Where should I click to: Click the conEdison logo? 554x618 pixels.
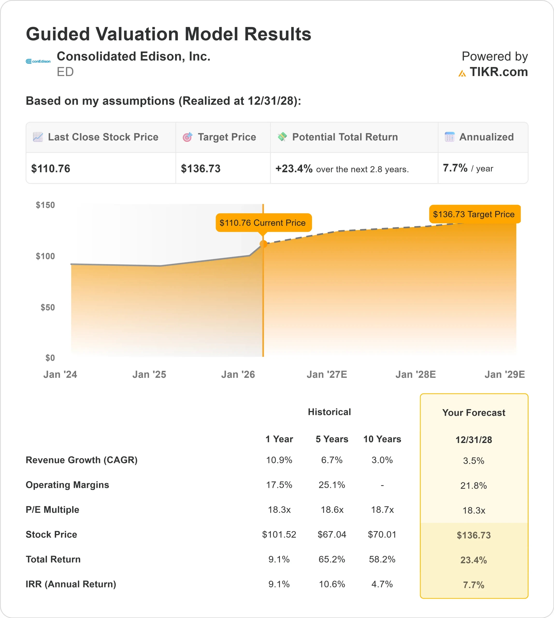tap(38, 61)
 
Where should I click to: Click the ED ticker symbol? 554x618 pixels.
tap(65, 72)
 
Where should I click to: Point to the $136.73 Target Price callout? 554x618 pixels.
tap(474, 214)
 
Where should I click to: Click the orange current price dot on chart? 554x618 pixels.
tap(263, 244)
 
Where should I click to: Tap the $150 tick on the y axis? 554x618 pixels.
tap(45, 205)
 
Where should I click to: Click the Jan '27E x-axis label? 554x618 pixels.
tap(327, 374)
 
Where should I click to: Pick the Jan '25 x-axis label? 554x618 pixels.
tap(149, 374)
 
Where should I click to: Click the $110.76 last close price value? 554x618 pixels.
tap(51, 169)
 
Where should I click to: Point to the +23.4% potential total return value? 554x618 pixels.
tap(294, 169)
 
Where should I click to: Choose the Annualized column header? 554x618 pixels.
tap(486, 137)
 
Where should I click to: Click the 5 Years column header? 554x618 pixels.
tap(332, 439)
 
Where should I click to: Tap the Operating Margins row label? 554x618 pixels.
tap(67, 485)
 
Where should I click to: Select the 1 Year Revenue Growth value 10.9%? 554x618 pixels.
tap(279, 460)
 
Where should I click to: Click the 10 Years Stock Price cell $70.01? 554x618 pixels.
tap(382, 534)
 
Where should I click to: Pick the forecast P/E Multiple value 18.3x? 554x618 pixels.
tap(474, 510)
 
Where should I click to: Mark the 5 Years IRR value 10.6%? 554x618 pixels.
tap(332, 584)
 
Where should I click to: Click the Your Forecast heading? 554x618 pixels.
tap(474, 413)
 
